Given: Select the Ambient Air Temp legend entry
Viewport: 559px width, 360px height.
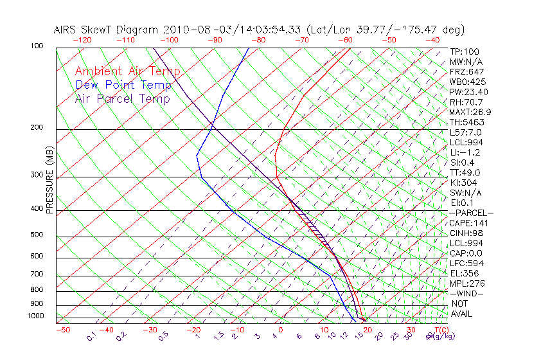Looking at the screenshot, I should (x=127, y=71).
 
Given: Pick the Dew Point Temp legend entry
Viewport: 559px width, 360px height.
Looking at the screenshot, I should (x=123, y=85).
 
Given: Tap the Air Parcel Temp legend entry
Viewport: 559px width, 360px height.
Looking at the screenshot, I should (x=122, y=98).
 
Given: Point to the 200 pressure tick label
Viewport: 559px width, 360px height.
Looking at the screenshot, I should (x=36, y=128).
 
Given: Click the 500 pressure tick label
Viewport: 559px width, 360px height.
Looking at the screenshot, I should (x=36, y=235).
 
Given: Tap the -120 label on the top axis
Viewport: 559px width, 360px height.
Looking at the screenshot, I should (x=82, y=39).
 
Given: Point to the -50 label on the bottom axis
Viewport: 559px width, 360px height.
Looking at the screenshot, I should (x=62, y=330).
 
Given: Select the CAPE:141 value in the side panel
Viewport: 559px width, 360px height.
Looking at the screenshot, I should (x=469, y=223).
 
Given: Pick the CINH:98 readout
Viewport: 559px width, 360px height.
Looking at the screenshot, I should (x=466, y=233).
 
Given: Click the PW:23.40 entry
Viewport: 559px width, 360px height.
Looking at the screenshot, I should (x=469, y=92).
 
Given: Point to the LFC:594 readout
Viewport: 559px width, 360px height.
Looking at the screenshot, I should (x=466, y=263).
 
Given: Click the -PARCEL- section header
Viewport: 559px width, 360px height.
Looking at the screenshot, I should (x=471, y=213).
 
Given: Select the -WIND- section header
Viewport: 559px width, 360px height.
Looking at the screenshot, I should (x=466, y=293).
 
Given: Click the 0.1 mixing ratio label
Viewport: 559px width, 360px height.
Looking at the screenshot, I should (x=92, y=335).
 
